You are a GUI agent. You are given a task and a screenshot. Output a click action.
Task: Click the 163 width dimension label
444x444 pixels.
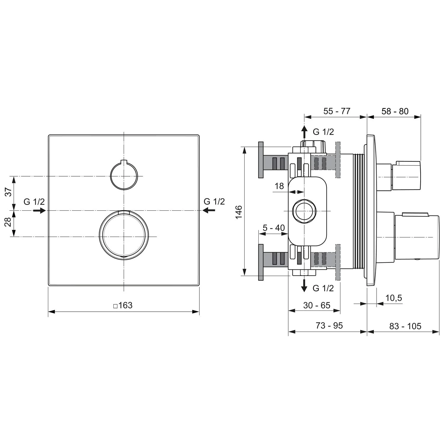point(123,305)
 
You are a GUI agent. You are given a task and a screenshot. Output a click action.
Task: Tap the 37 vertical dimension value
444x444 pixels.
point(9,192)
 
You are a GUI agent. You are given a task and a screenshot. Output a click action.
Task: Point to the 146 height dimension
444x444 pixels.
point(239,212)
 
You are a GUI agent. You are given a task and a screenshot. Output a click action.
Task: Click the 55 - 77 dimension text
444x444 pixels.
point(337,111)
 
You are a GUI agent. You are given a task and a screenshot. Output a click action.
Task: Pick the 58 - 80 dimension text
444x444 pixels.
point(395,111)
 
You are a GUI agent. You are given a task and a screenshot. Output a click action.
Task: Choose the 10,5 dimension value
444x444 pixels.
point(393,298)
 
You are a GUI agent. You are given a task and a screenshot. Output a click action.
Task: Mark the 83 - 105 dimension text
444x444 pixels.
point(405,326)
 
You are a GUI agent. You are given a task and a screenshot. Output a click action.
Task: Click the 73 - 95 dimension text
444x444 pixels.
point(329,326)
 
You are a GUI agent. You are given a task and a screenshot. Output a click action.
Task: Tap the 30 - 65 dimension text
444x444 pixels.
point(316,305)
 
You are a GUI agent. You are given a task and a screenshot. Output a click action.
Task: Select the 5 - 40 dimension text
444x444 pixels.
point(274,228)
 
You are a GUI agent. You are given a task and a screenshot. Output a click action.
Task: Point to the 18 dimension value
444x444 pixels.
point(279,186)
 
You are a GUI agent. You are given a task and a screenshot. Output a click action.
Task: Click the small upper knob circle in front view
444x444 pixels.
point(124,176)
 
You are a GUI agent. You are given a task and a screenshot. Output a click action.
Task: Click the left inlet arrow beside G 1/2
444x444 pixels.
point(39,210)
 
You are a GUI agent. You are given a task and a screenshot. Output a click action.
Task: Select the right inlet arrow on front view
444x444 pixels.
point(209,210)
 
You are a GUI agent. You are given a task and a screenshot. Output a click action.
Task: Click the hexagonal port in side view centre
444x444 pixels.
point(304,211)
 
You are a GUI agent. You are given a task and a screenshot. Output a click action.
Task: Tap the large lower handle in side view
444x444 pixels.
point(417,237)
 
